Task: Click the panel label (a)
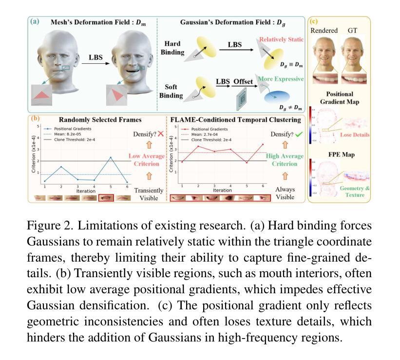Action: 35,21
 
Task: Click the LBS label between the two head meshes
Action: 96,57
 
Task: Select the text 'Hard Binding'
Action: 173,48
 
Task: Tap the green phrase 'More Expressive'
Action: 281,78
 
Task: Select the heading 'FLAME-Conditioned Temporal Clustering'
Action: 235,119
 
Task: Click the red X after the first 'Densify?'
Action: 160,134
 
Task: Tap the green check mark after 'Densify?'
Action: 298,134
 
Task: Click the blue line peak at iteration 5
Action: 111,157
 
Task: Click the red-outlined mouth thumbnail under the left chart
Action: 106,198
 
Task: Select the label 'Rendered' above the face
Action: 324,30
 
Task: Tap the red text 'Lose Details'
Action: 354,134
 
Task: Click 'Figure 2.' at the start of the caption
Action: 50,226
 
